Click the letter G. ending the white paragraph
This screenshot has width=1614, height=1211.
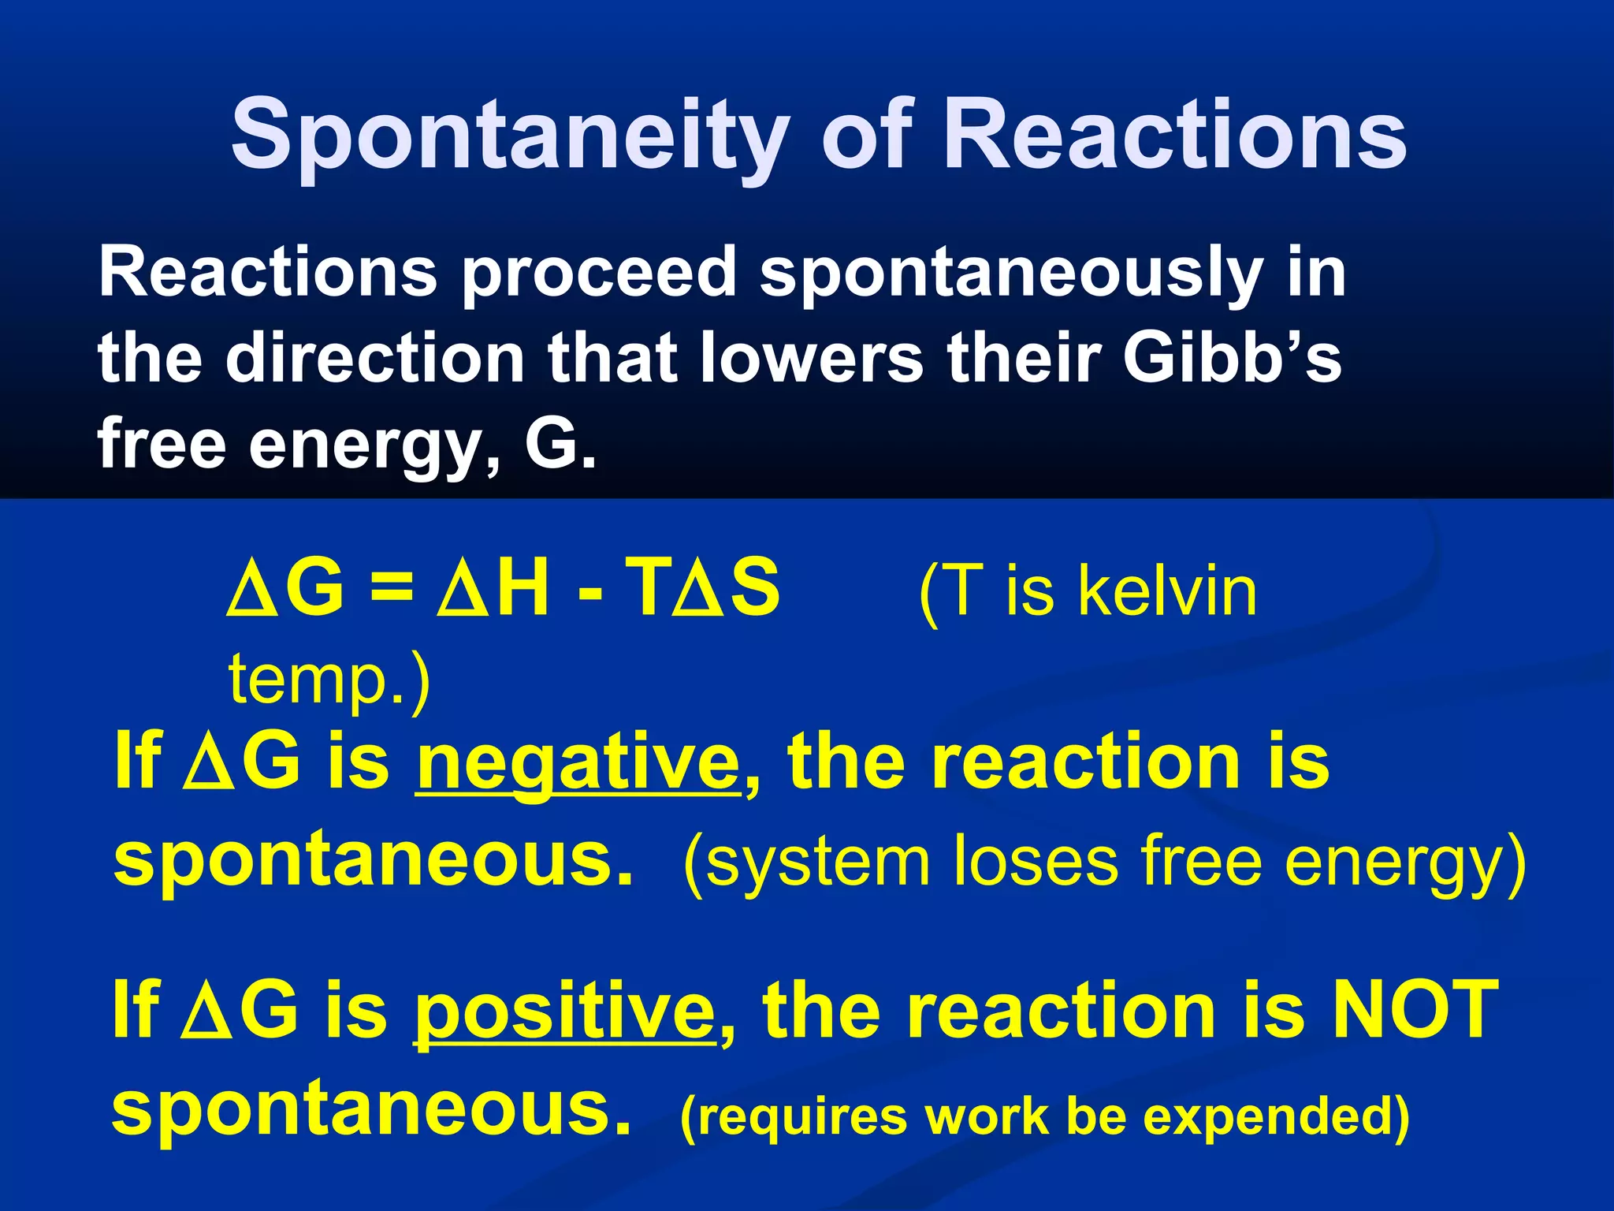[x=560, y=442]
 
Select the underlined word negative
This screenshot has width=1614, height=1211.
[x=578, y=762]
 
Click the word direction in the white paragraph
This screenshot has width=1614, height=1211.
[x=376, y=357]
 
